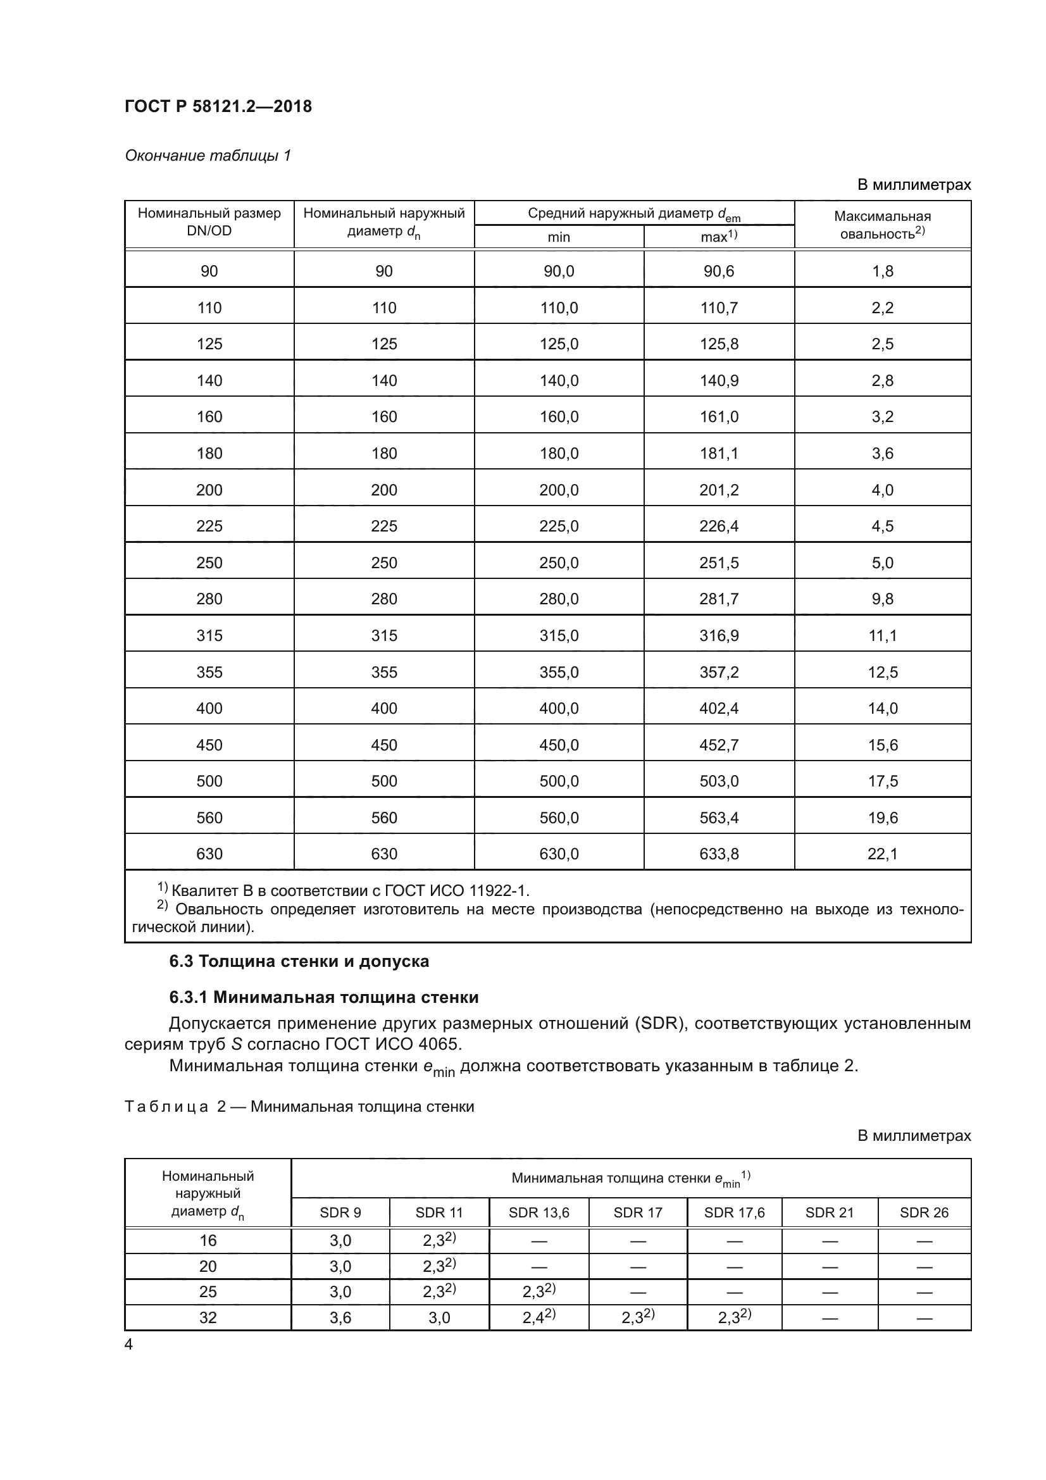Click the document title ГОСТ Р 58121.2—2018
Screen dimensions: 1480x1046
218,106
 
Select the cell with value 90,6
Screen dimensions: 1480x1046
719,271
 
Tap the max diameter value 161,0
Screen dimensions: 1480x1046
719,417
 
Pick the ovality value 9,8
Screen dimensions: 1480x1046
882,599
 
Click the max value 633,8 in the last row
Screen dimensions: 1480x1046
719,854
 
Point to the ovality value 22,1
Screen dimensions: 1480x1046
882,854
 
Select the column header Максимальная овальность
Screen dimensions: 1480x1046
882,225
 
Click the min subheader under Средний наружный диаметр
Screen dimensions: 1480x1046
559,237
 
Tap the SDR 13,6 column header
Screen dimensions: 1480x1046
539,1212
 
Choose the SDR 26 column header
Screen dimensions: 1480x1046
923,1212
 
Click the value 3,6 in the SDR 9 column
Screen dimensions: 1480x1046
340,1318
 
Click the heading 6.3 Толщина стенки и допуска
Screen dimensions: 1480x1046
299,961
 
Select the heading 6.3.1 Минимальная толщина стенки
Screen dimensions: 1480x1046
323,997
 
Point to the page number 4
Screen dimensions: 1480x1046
128,1345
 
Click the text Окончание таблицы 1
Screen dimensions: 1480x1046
208,156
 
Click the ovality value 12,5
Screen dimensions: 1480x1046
882,673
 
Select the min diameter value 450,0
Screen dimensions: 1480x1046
559,745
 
